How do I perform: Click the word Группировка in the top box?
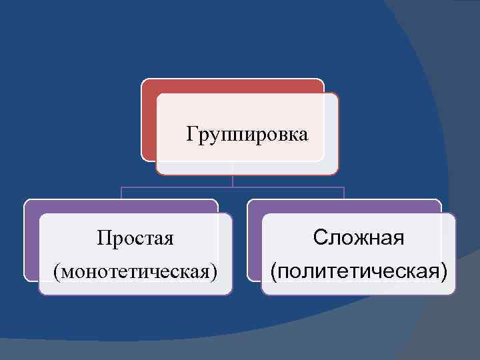247,135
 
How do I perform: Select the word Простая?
135,238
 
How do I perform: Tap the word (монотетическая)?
136,271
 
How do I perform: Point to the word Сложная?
359,237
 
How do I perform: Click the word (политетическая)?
358,271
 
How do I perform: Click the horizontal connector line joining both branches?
232,187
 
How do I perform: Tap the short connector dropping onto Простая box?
121,193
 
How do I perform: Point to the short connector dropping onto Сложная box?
343,193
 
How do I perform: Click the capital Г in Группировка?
191,135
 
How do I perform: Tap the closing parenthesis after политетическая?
444,272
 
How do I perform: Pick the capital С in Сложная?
321,237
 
